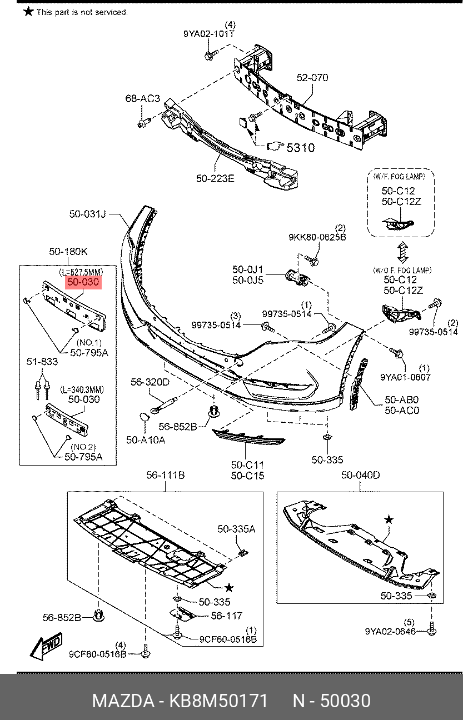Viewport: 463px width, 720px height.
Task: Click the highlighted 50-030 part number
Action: (x=83, y=283)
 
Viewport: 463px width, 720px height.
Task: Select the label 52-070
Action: (x=312, y=78)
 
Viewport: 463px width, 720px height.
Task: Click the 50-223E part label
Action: (x=215, y=178)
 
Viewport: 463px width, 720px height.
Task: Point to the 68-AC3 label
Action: (x=142, y=99)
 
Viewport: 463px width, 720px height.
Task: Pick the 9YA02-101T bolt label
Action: (x=208, y=33)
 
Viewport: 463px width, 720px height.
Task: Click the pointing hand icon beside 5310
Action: (x=275, y=147)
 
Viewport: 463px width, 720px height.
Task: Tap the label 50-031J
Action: (x=87, y=213)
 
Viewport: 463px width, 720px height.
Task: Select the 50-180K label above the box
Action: (x=68, y=252)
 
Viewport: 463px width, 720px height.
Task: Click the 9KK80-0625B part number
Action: (x=317, y=237)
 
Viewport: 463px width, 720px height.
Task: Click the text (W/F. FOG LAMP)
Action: (x=399, y=176)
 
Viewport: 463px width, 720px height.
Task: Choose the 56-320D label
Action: (x=150, y=382)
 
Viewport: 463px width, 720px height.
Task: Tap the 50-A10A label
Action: (x=146, y=439)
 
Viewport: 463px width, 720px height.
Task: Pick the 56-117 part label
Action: (x=226, y=616)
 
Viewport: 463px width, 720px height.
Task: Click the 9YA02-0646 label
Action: (x=390, y=632)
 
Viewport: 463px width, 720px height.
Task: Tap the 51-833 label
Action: (x=42, y=362)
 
